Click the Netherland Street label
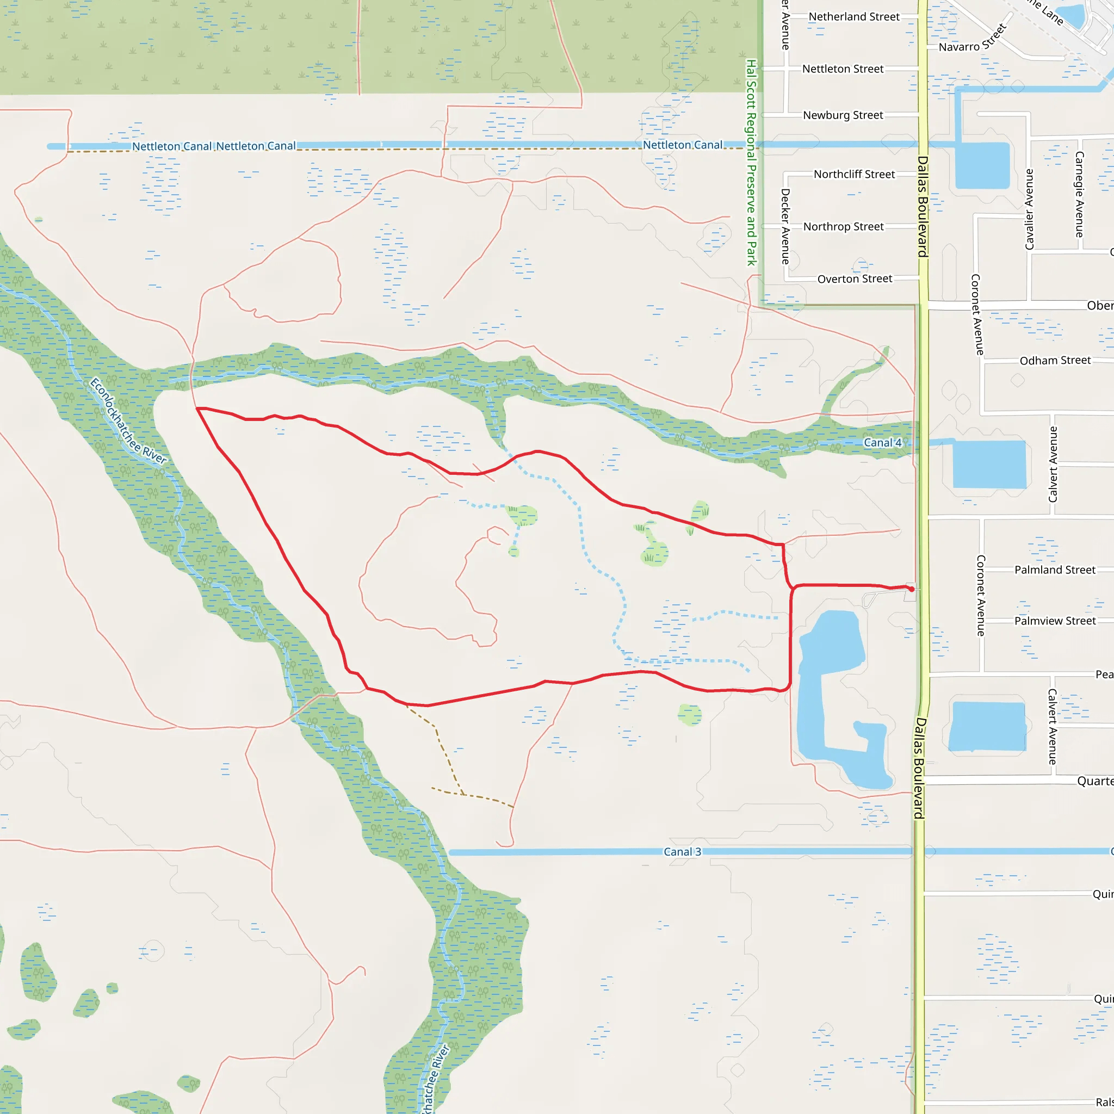(x=854, y=17)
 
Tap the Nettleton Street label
(x=843, y=69)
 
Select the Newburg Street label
(x=843, y=115)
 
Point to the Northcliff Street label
(x=854, y=174)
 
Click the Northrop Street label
(x=843, y=227)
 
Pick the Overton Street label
(x=855, y=279)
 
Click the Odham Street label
(x=1055, y=361)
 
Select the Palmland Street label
(x=1055, y=570)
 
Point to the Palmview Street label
(x=1055, y=621)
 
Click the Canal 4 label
(x=882, y=443)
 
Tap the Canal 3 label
(x=682, y=852)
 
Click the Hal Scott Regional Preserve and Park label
(x=751, y=163)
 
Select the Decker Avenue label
(x=785, y=227)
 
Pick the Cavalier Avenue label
(x=1029, y=209)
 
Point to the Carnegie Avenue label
(x=1079, y=194)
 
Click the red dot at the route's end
(x=912, y=589)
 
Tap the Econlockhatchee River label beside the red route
(x=128, y=422)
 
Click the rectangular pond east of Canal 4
(x=989, y=464)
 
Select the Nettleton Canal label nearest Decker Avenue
(x=682, y=145)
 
